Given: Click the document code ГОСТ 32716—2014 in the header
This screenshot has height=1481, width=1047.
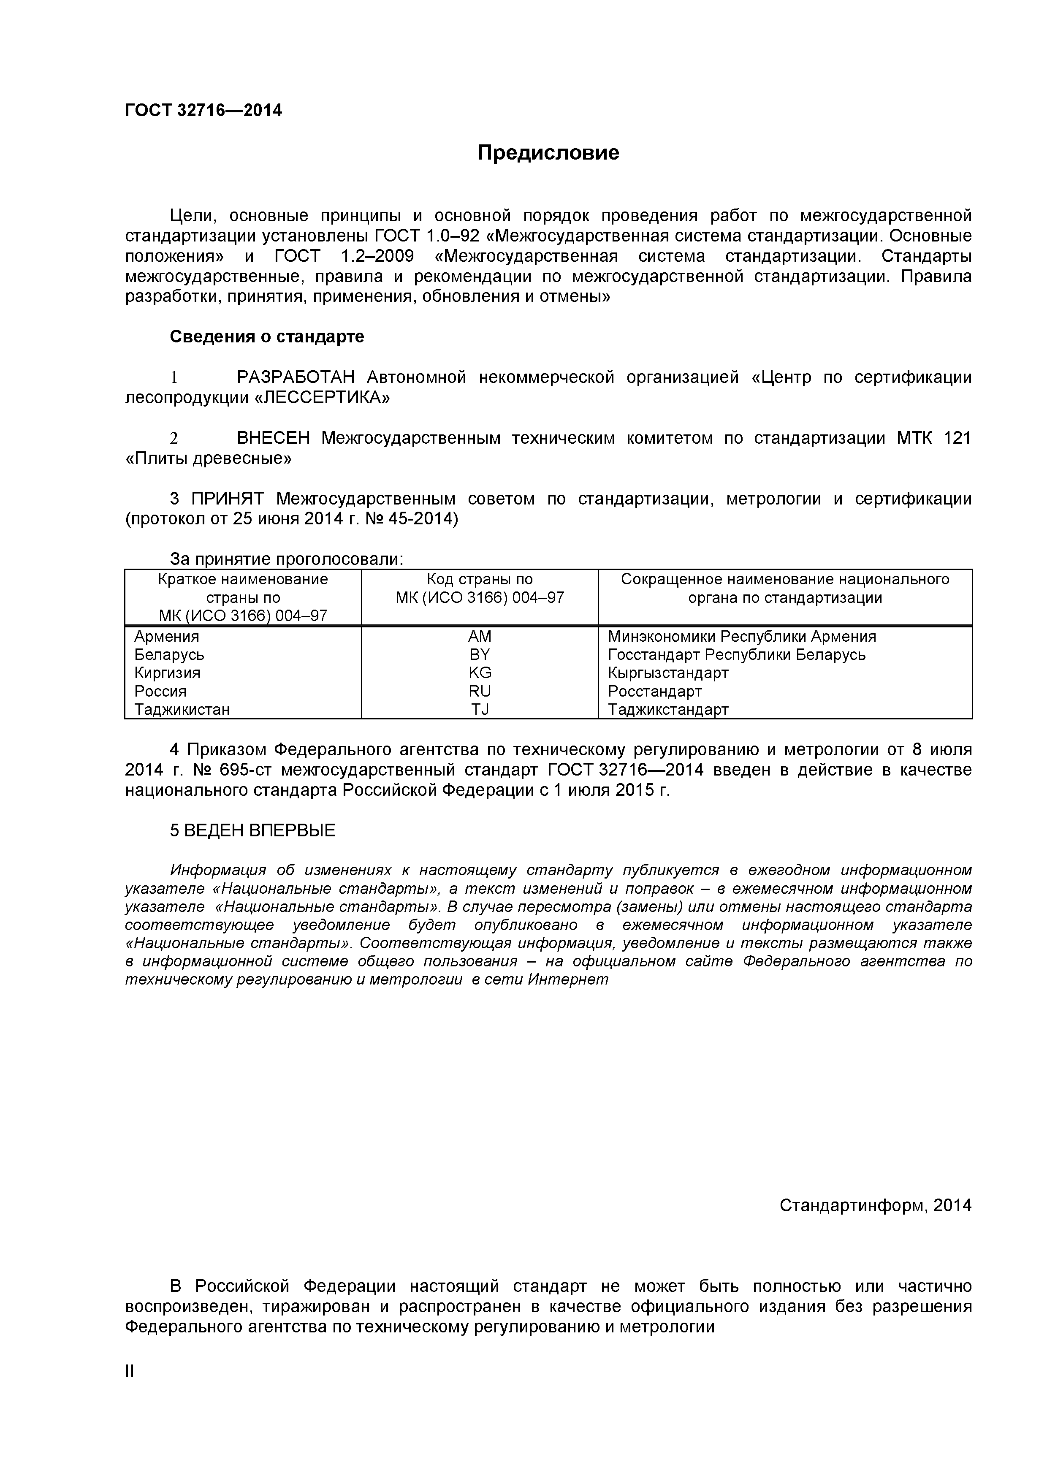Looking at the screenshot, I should click(x=203, y=111).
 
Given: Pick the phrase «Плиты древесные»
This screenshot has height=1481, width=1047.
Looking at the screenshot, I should click(x=208, y=458).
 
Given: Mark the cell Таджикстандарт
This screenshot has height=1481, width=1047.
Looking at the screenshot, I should click(x=668, y=710).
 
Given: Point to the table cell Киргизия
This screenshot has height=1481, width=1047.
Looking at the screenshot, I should click(x=167, y=673).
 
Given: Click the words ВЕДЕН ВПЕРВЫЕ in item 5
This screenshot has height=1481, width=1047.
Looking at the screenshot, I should click(x=260, y=831).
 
